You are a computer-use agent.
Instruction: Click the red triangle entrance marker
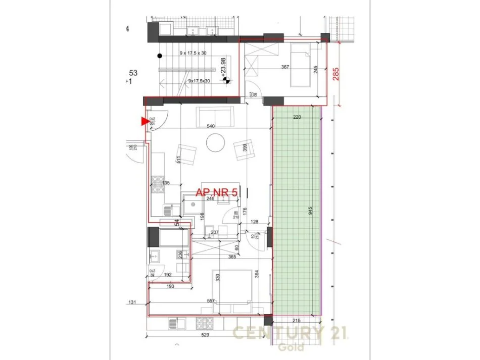(145, 121)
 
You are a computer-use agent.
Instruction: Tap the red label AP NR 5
(216, 192)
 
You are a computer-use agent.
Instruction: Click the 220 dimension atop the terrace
(298, 117)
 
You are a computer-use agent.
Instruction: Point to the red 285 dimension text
(335, 75)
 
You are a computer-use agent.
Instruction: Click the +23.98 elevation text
(223, 66)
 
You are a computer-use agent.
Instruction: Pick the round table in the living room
(216, 142)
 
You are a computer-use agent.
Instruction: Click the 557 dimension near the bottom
(211, 301)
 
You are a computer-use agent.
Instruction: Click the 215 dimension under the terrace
(297, 321)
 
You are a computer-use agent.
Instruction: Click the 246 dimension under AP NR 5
(210, 199)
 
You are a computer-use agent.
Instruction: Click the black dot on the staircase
(160, 56)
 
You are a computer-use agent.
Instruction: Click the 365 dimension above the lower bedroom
(232, 257)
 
